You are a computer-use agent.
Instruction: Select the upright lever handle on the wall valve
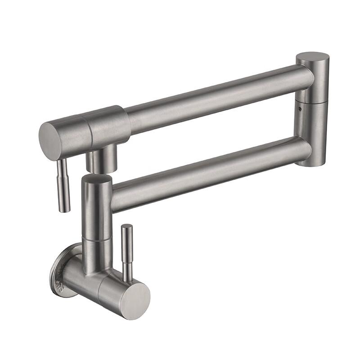click(x=127, y=252)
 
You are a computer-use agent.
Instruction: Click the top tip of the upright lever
click(x=127, y=226)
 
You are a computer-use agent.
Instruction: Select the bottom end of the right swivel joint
click(x=311, y=162)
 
